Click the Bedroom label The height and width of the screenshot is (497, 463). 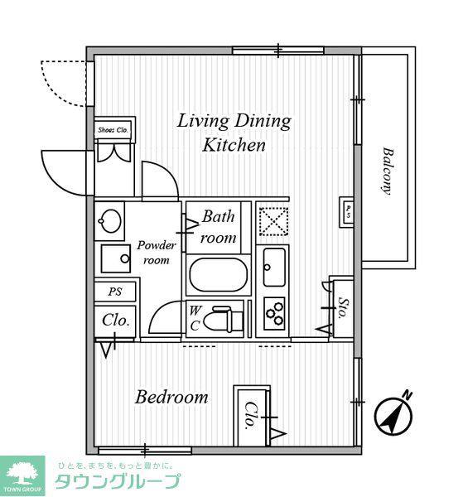tap(171, 398)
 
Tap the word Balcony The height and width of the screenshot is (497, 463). tap(388, 171)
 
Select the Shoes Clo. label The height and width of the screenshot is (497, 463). tap(113, 130)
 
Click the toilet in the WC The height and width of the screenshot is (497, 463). tap(223, 319)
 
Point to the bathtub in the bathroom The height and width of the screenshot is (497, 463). tap(218, 275)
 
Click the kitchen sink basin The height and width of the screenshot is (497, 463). tap(274, 268)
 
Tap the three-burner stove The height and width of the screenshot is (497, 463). tap(274, 313)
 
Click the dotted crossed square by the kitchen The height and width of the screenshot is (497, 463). tap(274, 221)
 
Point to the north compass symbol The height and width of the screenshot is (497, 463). tap(393, 416)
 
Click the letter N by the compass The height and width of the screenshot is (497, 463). tap(408, 395)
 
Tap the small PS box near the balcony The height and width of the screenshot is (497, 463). tap(346, 212)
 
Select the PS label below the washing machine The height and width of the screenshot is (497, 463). tap(115, 292)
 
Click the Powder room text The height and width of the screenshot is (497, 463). tap(157, 253)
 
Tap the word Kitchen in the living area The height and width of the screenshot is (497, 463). tap(234, 145)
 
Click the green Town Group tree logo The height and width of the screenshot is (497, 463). tap(22, 475)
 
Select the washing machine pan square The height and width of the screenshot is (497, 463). tap(116, 258)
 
